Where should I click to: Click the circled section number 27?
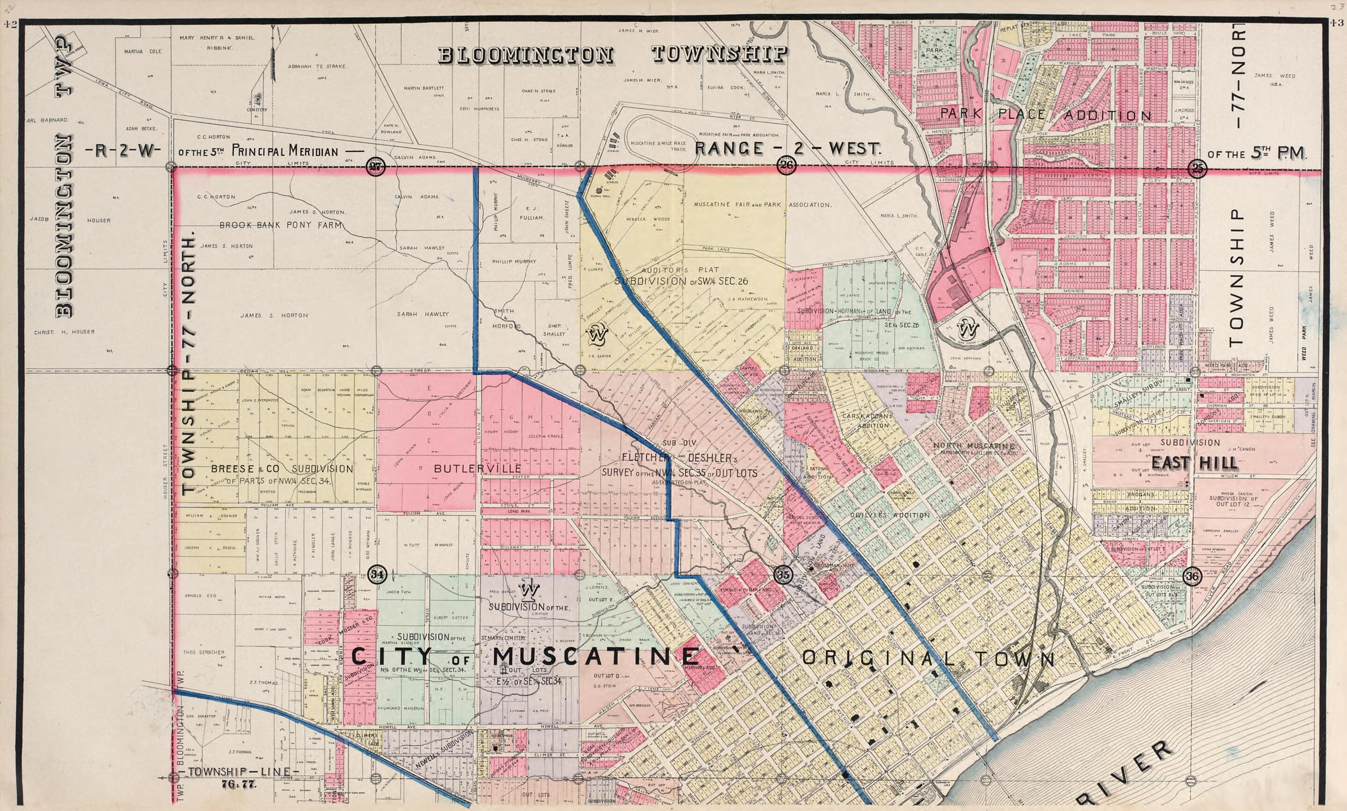point(376,167)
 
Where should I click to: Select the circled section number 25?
point(1197,168)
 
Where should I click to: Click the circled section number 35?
point(783,574)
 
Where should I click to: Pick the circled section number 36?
point(1192,576)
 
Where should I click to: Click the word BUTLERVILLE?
point(477,469)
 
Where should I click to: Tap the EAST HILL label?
point(1195,463)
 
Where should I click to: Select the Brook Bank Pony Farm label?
point(281,225)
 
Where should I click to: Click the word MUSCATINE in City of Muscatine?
point(596,656)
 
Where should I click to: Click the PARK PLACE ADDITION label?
point(1045,115)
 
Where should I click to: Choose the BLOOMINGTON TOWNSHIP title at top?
point(612,54)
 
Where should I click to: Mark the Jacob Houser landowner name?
point(71,220)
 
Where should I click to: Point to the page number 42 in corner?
point(11,23)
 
